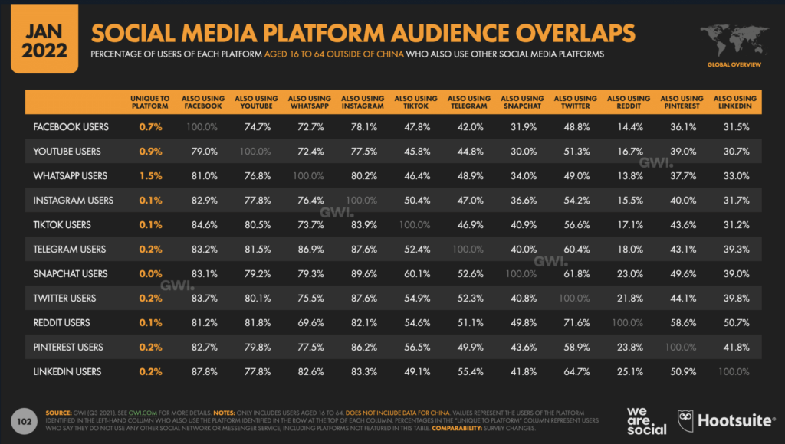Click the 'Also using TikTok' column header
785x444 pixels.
click(415, 103)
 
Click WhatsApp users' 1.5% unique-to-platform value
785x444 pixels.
click(150, 175)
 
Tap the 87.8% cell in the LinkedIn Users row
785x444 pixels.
click(202, 371)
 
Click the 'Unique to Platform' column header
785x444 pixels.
click(150, 103)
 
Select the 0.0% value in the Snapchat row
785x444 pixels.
click(150, 273)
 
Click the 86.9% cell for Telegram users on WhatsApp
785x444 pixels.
click(309, 249)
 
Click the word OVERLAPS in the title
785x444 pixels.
click(568, 34)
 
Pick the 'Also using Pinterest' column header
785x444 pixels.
click(681, 103)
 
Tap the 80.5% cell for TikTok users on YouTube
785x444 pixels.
click(256, 224)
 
